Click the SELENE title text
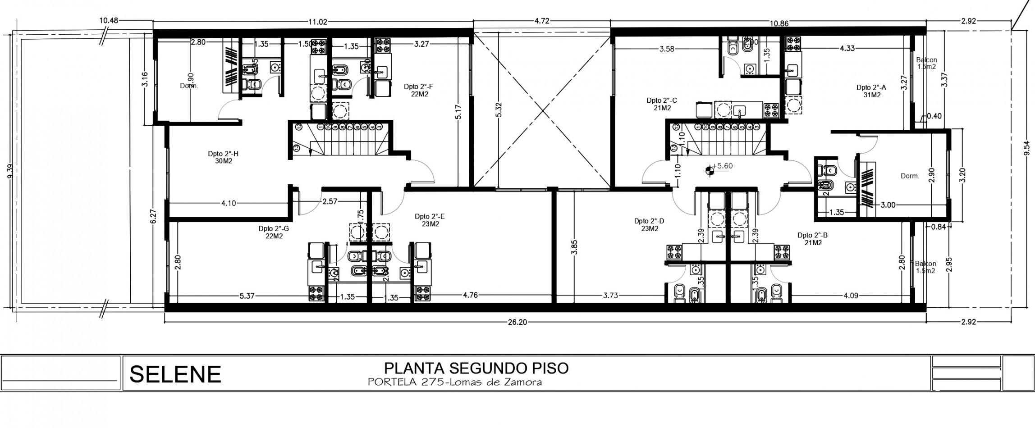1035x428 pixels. (x=175, y=374)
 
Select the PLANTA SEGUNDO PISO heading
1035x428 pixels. (x=476, y=368)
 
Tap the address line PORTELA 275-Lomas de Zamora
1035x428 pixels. (x=454, y=382)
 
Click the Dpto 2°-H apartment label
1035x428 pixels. (x=223, y=157)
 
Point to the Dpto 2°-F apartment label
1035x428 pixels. (x=419, y=91)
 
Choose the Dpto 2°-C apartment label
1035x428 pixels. (x=662, y=104)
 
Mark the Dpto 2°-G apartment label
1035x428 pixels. (x=274, y=232)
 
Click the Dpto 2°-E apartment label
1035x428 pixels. (x=430, y=220)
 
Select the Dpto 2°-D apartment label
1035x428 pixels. (x=649, y=224)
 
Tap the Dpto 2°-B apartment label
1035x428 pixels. (x=812, y=239)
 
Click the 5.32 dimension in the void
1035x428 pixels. (x=498, y=109)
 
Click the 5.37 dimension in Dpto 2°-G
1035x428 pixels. (x=247, y=296)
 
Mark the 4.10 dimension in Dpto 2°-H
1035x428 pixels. (x=229, y=203)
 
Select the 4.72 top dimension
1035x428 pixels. (x=541, y=21)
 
